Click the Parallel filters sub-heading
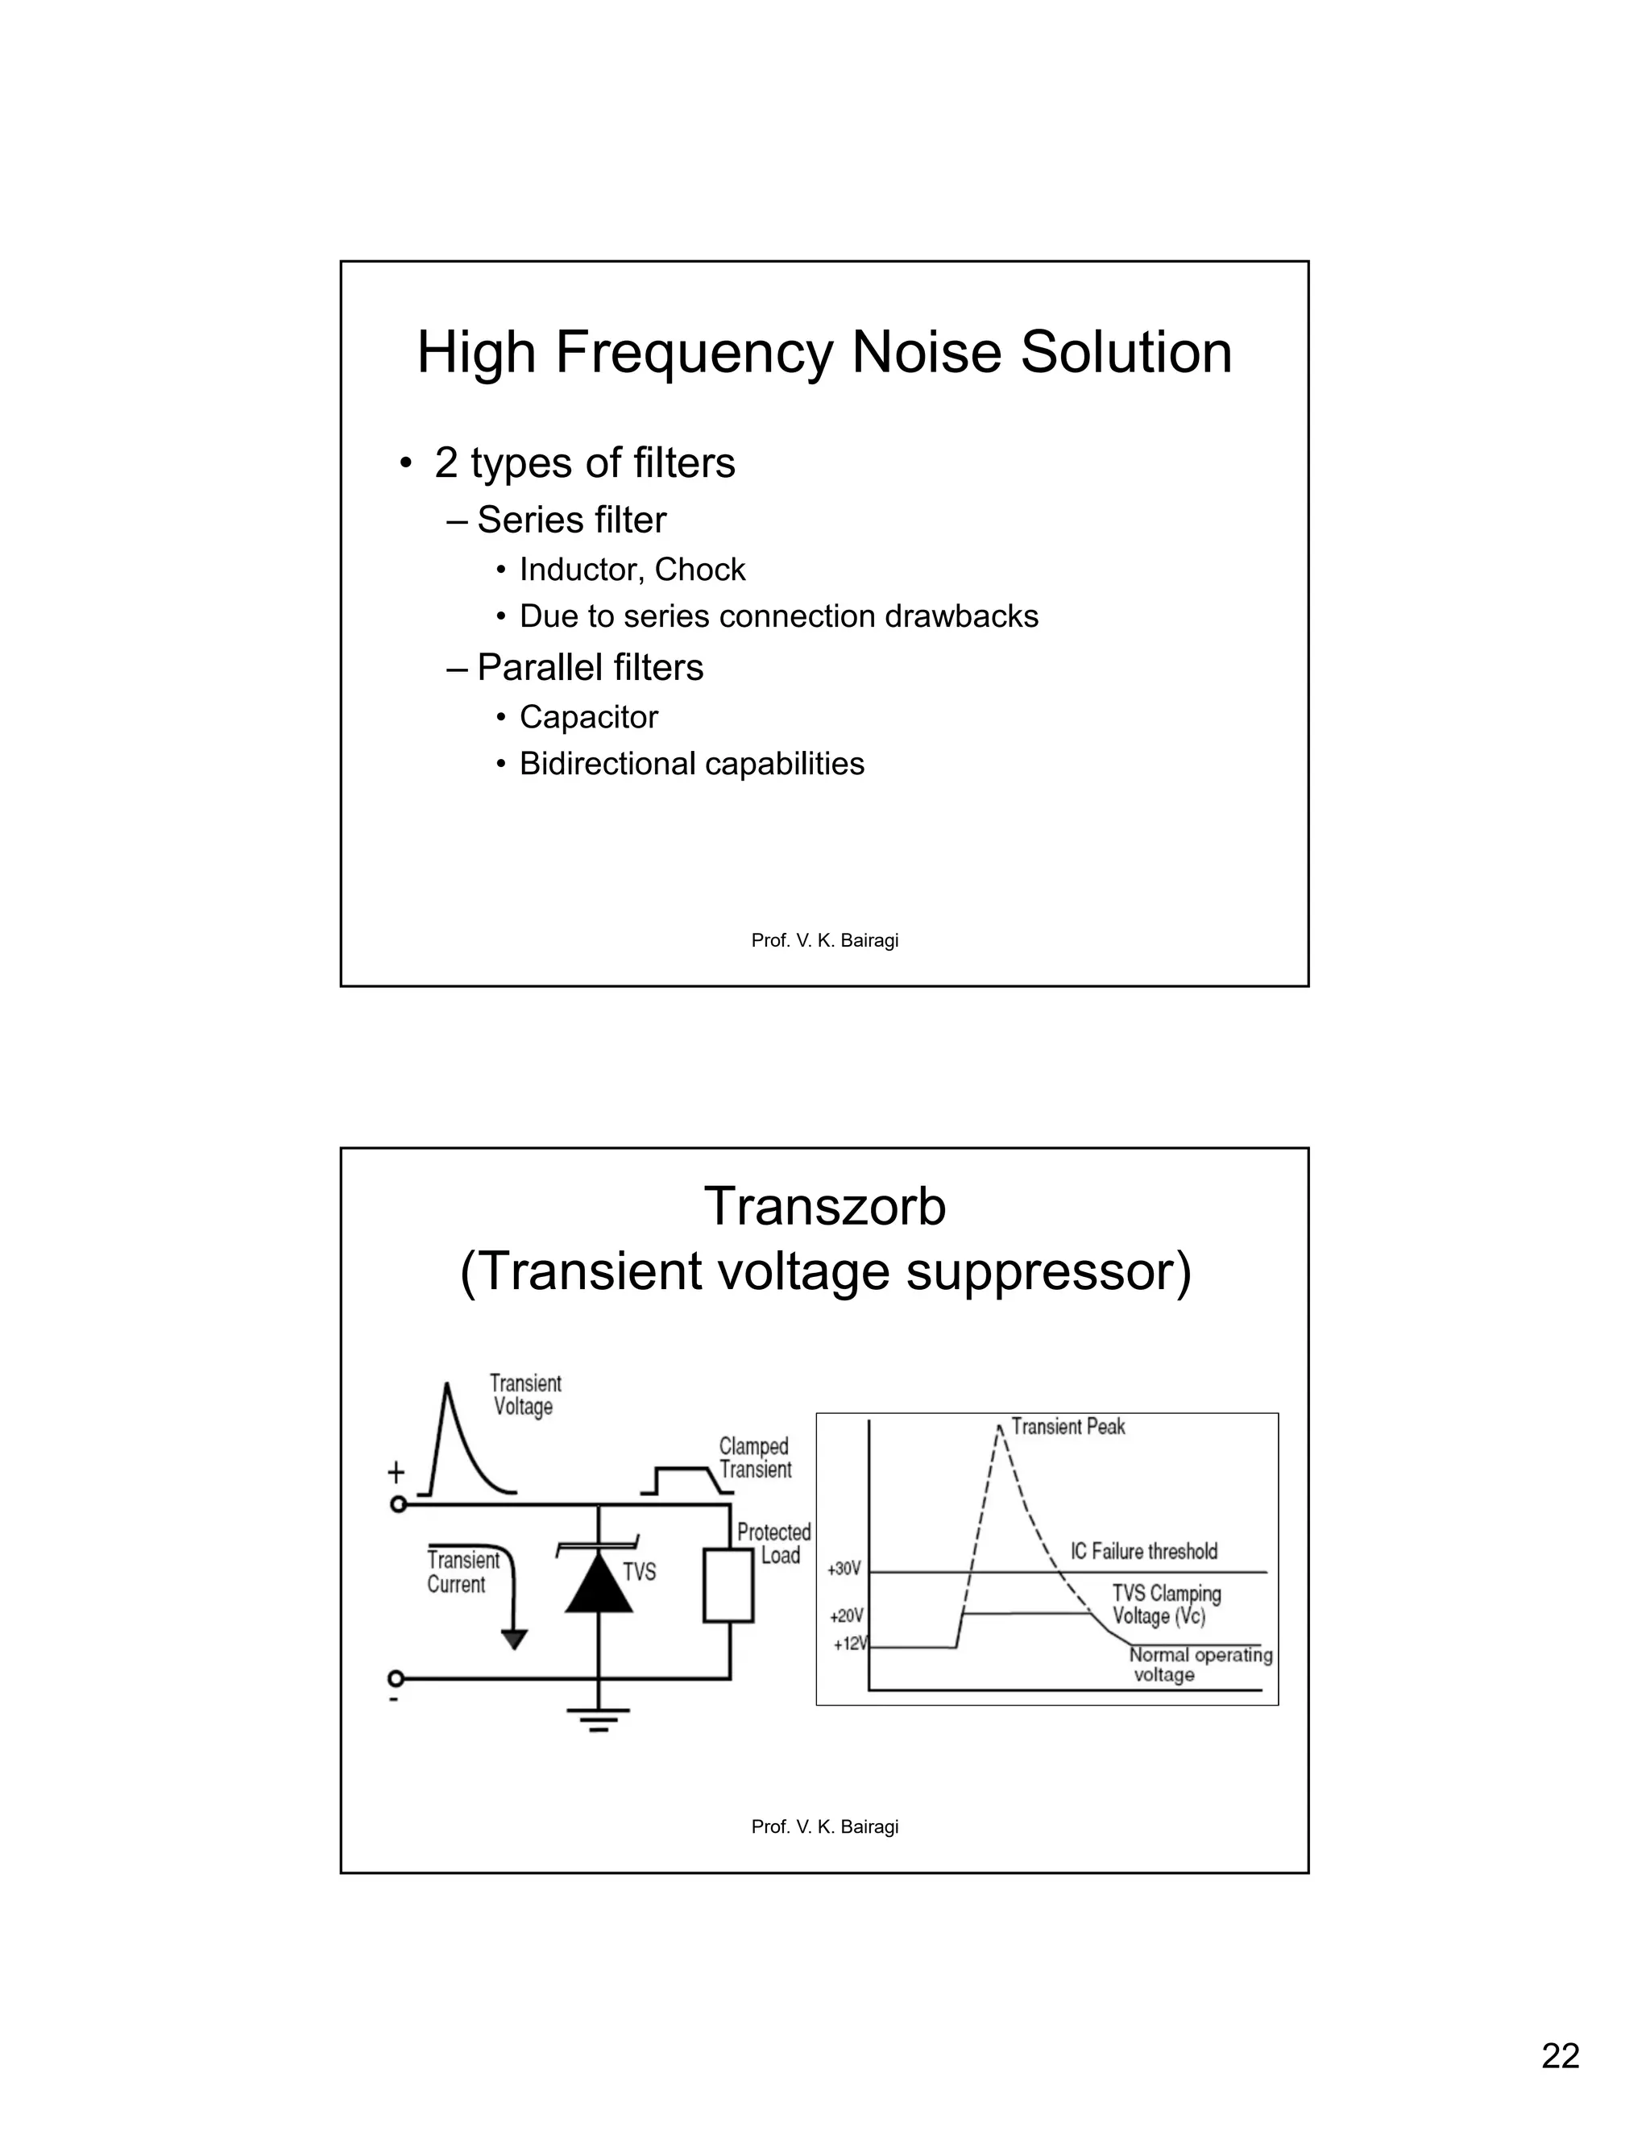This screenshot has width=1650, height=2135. coord(590,668)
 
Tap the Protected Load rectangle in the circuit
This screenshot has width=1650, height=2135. coord(728,1586)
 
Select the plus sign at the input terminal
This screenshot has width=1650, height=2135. coord(396,1471)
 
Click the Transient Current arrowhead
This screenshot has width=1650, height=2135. coord(513,1640)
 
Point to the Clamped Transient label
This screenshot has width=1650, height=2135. coord(755,1457)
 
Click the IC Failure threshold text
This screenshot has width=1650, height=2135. coord(1144,1552)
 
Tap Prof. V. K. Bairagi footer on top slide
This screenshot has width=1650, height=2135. coord(824,940)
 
